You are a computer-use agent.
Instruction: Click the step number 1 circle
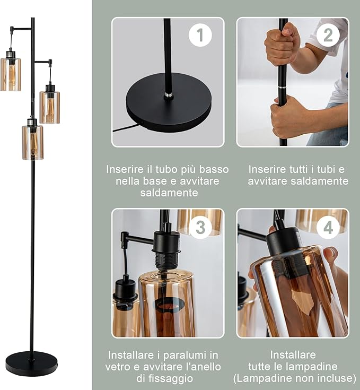tap(200, 35)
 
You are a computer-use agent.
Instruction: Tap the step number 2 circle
tap(328, 35)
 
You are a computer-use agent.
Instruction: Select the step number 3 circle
tap(200, 227)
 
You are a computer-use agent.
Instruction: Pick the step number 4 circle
tap(328, 227)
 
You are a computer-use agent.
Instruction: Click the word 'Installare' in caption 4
tap(293, 354)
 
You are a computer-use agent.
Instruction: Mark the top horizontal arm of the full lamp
tap(21, 28)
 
